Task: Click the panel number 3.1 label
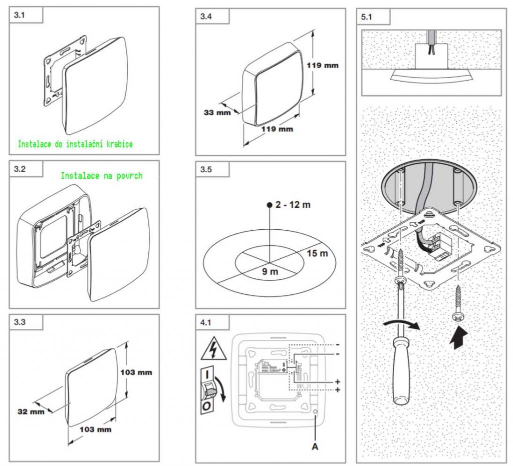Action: tap(19, 16)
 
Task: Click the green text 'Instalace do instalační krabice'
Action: tap(75, 144)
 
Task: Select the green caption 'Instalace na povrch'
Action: tap(102, 176)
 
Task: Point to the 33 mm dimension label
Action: tap(217, 113)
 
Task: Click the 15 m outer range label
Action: tap(317, 254)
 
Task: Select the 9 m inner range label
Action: tap(271, 272)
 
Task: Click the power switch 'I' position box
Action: tap(207, 374)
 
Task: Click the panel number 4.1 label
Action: tap(206, 323)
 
